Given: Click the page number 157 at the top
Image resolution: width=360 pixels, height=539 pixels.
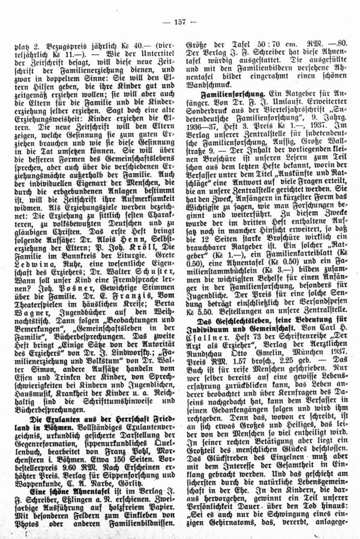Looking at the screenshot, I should (179, 22).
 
